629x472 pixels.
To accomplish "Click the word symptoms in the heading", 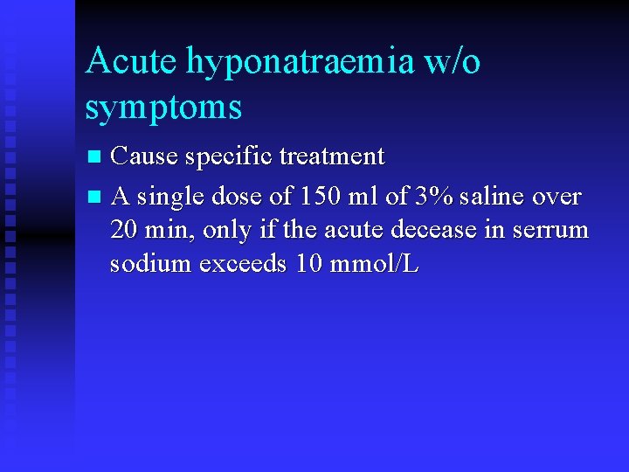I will click(163, 108).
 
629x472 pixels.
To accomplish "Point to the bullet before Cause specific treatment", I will click(96, 157).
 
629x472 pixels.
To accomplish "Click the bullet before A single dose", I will click(96, 198).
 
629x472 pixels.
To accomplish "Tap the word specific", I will click(227, 156).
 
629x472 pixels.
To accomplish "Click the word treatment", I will click(332, 156).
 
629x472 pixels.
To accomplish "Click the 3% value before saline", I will click(433, 197).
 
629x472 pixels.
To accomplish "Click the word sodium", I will click(150, 264).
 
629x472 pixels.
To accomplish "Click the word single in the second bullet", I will click(174, 197).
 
